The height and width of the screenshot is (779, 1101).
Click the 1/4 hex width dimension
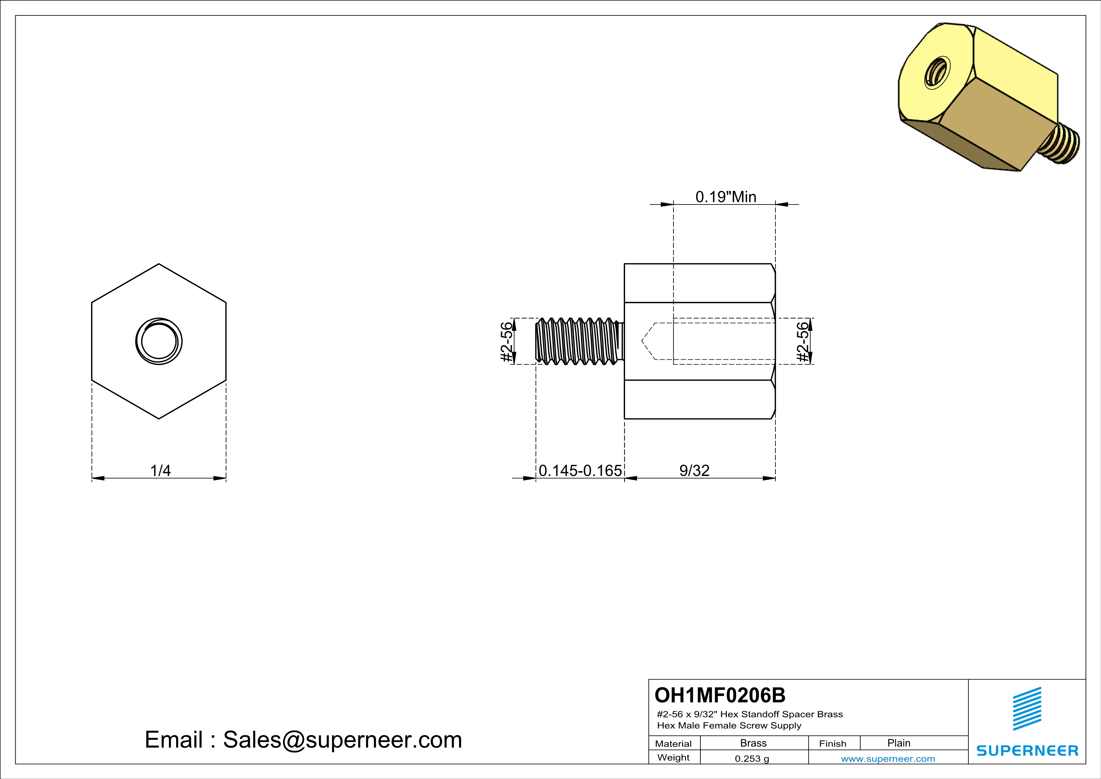pyautogui.click(x=160, y=471)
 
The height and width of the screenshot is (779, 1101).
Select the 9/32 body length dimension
pyautogui.click(x=694, y=471)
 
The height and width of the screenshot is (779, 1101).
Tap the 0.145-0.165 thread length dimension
pyautogui.click(x=580, y=471)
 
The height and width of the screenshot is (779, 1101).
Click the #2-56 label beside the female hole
pyautogui.click(x=802, y=341)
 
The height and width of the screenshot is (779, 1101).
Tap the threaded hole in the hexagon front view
pyautogui.click(x=159, y=341)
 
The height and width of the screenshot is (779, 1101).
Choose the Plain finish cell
pyautogui.click(x=898, y=743)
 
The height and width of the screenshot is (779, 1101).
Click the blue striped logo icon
pyautogui.click(x=1027, y=709)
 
